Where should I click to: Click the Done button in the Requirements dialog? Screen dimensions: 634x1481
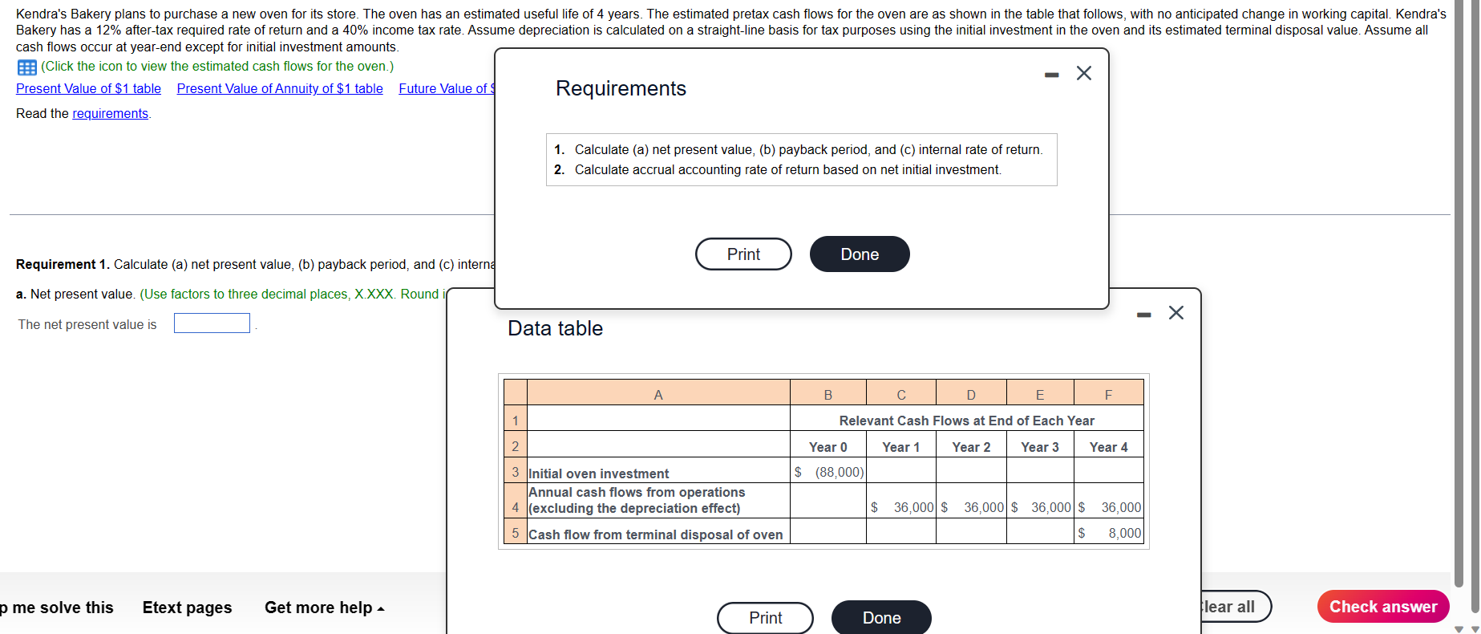(859, 254)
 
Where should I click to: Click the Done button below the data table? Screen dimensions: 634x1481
(881, 617)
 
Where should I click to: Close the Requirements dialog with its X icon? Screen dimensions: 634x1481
(1084, 73)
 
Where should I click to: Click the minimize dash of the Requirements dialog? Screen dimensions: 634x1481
(1051, 75)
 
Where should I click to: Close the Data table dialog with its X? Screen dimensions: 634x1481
(1175, 313)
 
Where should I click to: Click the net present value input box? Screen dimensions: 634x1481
(212, 323)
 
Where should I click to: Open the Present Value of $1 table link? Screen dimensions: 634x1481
(88, 88)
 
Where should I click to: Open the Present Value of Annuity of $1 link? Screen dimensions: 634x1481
(280, 88)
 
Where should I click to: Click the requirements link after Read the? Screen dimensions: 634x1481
(110, 113)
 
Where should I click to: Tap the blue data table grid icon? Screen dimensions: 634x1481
(26, 67)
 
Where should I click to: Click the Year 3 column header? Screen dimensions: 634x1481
(1039, 447)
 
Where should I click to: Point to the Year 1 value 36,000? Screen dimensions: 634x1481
(913, 507)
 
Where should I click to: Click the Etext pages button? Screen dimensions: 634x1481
(187, 608)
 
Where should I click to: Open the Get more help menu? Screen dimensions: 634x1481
(324, 608)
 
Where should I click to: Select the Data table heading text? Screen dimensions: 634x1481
(555, 328)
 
